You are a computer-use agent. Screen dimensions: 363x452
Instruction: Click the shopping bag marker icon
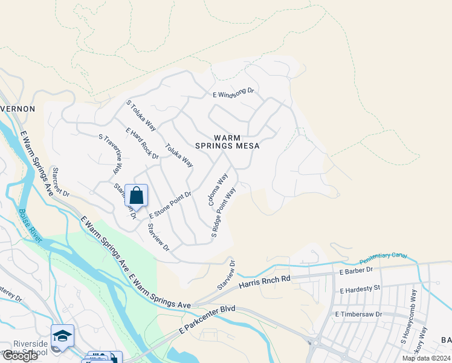coord(136,196)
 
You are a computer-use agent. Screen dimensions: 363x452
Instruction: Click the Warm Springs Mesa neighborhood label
coord(227,142)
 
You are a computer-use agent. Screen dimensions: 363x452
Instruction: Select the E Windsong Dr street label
coord(234,94)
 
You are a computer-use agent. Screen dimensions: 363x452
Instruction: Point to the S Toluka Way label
coord(141,116)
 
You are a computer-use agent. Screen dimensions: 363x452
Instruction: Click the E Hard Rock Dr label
coord(142,143)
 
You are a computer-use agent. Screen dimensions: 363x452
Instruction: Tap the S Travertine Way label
coord(111,155)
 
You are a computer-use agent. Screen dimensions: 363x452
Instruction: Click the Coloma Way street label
coord(218,189)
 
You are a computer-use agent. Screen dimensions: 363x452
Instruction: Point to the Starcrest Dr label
coord(61,182)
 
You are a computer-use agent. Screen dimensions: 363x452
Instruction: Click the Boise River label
coord(30,226)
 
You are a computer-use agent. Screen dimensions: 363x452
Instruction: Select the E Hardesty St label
coord(360,290)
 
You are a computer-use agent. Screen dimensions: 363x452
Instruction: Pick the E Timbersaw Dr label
coord(359,315)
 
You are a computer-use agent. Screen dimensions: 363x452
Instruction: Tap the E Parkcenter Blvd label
coord(207,321)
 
